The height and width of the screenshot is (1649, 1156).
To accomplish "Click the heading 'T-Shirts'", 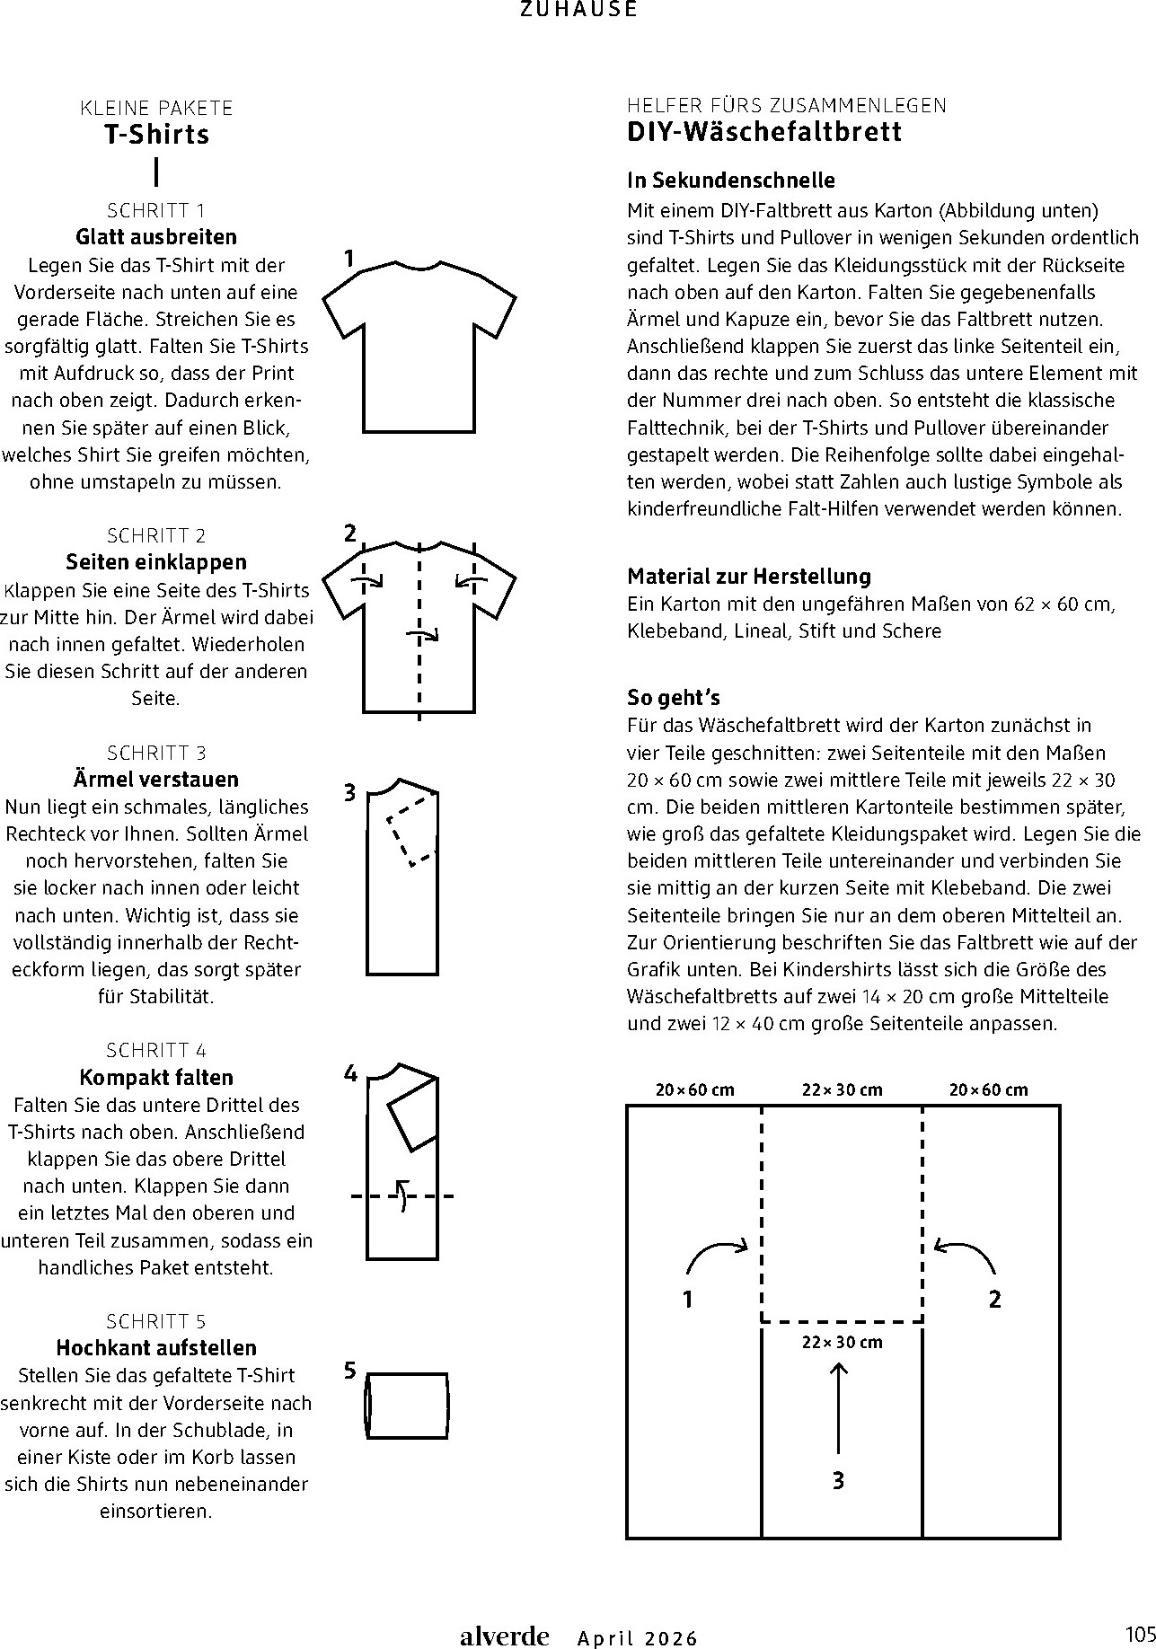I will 156,135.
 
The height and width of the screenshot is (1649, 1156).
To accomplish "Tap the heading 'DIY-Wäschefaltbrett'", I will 763,132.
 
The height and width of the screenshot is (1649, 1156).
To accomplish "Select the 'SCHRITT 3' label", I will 156,753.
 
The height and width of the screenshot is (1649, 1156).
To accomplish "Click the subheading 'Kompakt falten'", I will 156,1077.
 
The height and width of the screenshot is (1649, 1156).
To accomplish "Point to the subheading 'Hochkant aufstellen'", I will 156,1347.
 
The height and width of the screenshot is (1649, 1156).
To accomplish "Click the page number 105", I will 1138,1633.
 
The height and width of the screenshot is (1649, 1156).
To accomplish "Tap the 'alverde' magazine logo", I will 504,1636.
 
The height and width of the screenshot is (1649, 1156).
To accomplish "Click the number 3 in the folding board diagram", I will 838,1481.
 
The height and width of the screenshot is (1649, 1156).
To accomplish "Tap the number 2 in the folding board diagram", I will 994,1299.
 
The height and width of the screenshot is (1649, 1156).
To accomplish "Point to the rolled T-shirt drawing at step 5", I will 406,1406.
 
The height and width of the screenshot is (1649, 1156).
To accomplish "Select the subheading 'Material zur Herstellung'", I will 749,577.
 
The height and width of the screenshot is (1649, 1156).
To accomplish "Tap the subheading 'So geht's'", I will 674,698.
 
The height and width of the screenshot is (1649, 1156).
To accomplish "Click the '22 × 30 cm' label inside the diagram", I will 842,1343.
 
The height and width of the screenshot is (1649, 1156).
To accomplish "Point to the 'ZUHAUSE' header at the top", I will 578,10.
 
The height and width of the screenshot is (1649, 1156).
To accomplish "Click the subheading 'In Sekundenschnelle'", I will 731,181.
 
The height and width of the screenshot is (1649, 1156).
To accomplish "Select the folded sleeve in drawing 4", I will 412,1114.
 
